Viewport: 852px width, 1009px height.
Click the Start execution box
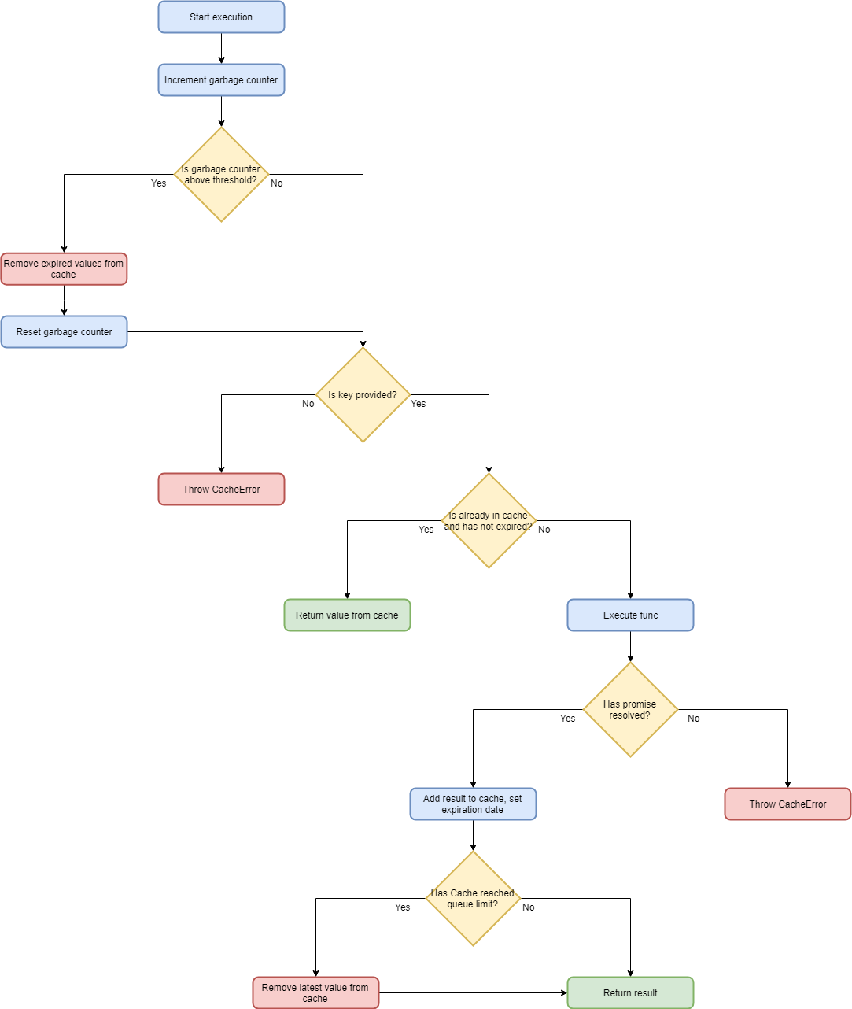221,17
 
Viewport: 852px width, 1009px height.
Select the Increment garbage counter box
221,80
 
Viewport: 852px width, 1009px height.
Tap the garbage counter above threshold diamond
221,174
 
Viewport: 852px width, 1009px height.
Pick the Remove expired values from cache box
64,269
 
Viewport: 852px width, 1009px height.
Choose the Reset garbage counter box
64,332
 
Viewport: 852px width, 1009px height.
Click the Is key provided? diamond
363,394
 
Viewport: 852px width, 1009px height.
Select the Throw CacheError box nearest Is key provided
221,490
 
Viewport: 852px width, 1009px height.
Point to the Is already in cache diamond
489,520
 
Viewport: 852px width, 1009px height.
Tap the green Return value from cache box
347,615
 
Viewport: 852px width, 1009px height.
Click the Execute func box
630,615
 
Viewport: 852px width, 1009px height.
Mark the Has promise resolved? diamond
630,709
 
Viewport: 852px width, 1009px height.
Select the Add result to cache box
473,804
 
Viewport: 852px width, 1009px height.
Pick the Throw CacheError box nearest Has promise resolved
787,804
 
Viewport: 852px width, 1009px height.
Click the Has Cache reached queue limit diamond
473,898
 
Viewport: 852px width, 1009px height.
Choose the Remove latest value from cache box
315,993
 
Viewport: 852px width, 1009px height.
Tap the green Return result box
630,993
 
